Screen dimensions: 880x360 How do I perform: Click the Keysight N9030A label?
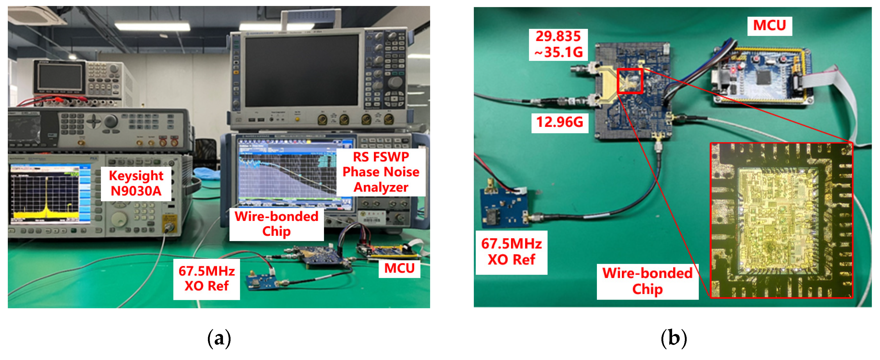point(136,183)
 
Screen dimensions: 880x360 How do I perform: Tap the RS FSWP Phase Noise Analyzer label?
point(381,172)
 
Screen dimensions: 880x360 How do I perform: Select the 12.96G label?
point(560,122)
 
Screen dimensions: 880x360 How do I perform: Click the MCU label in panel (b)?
point(769,25)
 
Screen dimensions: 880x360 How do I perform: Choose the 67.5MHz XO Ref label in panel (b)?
point(511,252)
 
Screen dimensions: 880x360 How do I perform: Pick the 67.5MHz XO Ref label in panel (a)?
point(206,278)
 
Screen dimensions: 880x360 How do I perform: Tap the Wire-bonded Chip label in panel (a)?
point(276,224)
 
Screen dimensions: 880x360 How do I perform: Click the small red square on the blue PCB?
point(630,81)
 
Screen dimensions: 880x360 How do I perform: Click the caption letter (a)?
point(219,338)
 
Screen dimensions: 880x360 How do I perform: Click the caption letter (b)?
point(673,338)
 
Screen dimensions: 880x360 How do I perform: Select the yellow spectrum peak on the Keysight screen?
point(47,202)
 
